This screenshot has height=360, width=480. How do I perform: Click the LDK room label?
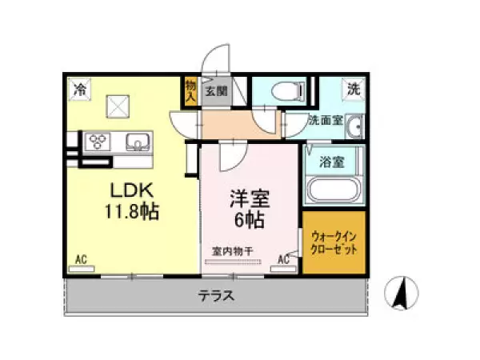(x=132, y=190)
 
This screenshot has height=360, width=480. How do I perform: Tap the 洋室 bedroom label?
(x=250, y=198)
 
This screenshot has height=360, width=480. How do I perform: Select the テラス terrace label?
(x=217, y=296)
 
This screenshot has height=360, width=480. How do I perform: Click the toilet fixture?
(x=288, y=91)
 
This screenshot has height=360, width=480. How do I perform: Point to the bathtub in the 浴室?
(x=333, y=190)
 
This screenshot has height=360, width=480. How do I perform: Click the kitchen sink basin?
(x=138, y=142)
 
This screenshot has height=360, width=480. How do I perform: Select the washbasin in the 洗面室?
(x=354, y=126)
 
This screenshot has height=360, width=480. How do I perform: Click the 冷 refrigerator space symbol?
(x=79, y=90)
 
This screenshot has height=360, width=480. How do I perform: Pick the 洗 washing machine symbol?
(x=354, y=89)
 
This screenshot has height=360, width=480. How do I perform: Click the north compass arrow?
(x=402, y=294)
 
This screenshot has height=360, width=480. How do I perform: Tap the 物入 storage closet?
(x=190, y=91)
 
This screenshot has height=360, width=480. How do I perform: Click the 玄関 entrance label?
(x=217, y=91)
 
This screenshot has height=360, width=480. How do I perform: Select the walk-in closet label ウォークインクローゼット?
(x=334, y=243)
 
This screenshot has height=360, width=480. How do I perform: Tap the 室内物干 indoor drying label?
(x=233, y=252)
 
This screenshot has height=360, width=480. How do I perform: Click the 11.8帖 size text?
(x=132, y=211)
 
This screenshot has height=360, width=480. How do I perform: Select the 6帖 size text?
(x=250, y=219)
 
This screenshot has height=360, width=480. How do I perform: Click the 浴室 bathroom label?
(x=332, y=162)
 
